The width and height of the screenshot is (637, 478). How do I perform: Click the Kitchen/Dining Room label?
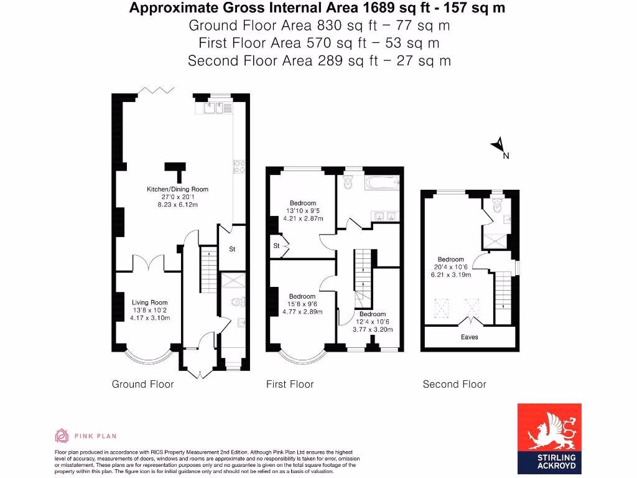point(177,189)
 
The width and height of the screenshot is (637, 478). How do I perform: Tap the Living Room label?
point(150,302)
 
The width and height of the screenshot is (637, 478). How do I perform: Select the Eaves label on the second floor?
point(469,337)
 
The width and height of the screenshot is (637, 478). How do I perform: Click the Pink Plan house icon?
point(62,435)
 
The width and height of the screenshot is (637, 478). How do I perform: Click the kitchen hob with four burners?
point(240,166)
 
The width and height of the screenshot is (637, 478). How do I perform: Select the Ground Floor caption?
point(142,384)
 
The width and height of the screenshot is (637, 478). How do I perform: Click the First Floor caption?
point(290,384)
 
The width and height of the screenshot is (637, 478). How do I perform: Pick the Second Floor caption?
point(454,384)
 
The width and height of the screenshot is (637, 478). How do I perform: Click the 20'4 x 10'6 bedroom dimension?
point(450,267)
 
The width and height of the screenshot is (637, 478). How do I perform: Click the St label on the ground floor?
point(232,250)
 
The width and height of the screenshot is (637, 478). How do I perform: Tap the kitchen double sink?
point(215,108)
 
